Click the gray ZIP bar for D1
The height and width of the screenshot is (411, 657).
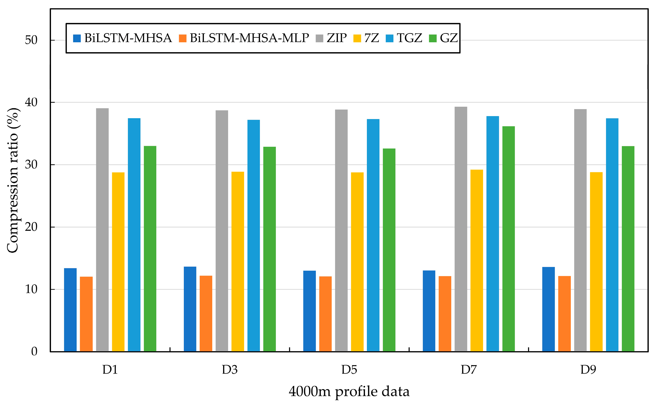pos(102,230)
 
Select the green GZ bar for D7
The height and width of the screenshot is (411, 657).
pos(509,239)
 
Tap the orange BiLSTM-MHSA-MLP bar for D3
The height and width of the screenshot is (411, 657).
pos(206,313)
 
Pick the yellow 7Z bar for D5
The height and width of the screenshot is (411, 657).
pos(357,262)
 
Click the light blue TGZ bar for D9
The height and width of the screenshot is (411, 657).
pos(612,235)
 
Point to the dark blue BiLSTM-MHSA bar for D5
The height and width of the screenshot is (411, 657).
pos(309,311)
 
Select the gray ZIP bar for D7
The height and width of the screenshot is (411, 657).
pos(461,229)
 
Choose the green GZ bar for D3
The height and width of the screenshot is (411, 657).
pos(270,249)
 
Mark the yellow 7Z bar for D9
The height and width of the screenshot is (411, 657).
pos(596,262)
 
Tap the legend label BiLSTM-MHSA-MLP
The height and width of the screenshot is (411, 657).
pos(249,38)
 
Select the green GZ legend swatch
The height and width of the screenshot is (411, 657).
pos(433,38)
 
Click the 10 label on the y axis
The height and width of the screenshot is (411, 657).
pos(31,289)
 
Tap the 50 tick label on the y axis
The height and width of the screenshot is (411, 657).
pos(31,40)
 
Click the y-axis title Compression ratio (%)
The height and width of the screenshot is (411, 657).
pos(12,180)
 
